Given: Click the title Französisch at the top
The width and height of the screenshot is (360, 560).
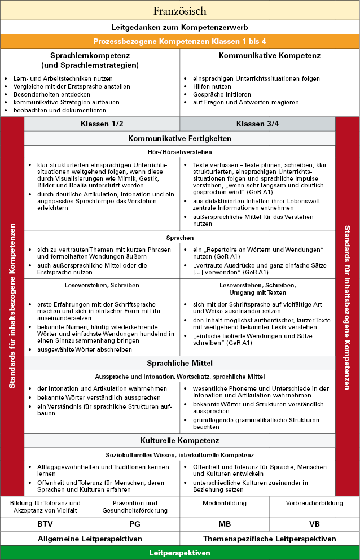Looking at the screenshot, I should [179, 11].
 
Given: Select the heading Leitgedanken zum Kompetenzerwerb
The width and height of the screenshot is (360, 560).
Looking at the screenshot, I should [179, 27].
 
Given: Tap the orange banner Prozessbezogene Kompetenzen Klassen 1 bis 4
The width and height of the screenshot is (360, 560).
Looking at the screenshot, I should [179, 41].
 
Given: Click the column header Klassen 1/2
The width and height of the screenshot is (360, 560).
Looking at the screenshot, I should [102, 124].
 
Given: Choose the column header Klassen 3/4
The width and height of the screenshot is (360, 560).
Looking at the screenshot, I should [257, 124].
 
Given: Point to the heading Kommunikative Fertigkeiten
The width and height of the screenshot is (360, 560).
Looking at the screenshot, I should [179, 138].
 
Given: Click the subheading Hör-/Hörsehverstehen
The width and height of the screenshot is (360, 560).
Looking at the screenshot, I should [179, 152].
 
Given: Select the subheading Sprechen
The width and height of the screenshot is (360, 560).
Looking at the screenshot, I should [179, 238].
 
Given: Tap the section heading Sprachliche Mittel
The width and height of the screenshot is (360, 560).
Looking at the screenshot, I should [179, 363].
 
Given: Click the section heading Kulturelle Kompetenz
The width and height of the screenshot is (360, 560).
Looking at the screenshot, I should [179, 440].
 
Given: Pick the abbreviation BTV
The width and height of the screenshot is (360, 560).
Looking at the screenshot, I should [45, 524].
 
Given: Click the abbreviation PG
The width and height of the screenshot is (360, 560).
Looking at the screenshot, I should [135, 524].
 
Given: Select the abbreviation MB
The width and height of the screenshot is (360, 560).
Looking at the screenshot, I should [225, 524].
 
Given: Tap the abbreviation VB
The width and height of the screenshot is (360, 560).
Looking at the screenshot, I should [314, 524].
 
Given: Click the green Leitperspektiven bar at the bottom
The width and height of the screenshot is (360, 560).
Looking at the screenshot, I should [179, 553].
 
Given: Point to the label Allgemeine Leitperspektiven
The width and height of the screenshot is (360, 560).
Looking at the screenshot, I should [90, 539].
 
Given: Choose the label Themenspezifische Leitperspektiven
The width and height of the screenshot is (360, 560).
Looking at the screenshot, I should [269, 539].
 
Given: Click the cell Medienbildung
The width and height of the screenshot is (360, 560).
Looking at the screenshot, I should [225, 503].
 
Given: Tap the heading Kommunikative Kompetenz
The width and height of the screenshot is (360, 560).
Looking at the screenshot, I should [269, 56].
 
